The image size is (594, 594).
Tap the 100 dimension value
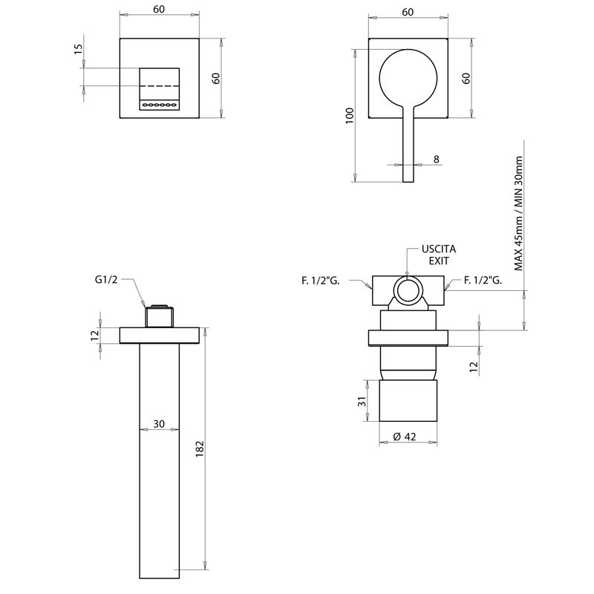click(x=350, y=114)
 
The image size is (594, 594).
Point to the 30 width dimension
click(x=159, y=423)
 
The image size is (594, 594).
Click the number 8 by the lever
click(x=436, y=159)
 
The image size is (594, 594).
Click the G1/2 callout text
click(x=107, y=280)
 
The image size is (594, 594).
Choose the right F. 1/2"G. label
click(x=483, y=280)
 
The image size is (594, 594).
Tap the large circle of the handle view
click(x=408, y=77)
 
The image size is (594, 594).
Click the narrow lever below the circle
click(x=408, y=148)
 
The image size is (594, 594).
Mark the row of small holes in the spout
click(x=160, y=105)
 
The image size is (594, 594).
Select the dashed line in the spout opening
click(x=160, y=87)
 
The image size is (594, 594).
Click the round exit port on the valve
click(x=407, y=290)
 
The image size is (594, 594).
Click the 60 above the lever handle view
click(x=408, y=12)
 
